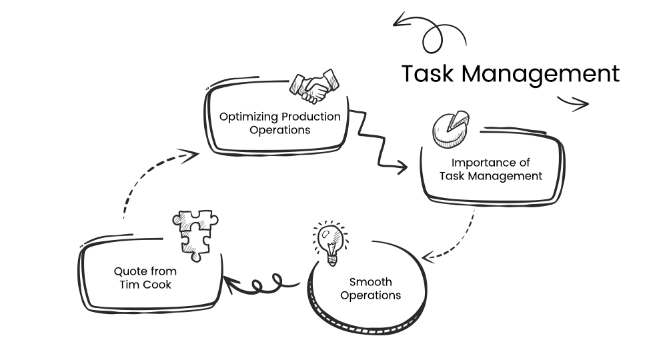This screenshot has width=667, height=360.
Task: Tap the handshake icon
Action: pyautogui.click(x=313, y=87)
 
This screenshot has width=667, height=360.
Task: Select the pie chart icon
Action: pyautogui.click(x=448, y=129)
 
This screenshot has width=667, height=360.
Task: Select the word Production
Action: pyautogui.click(x=311, y=117)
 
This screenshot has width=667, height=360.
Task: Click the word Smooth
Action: pyautogui.click(x=370, y=282)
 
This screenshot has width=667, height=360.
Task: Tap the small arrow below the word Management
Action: pyautogui.click(x=573, y=103)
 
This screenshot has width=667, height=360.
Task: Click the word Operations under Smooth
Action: pyautogui.click(x=370, y=295)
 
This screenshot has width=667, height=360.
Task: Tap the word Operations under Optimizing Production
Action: pyautogui.click(x=280, y=130)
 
